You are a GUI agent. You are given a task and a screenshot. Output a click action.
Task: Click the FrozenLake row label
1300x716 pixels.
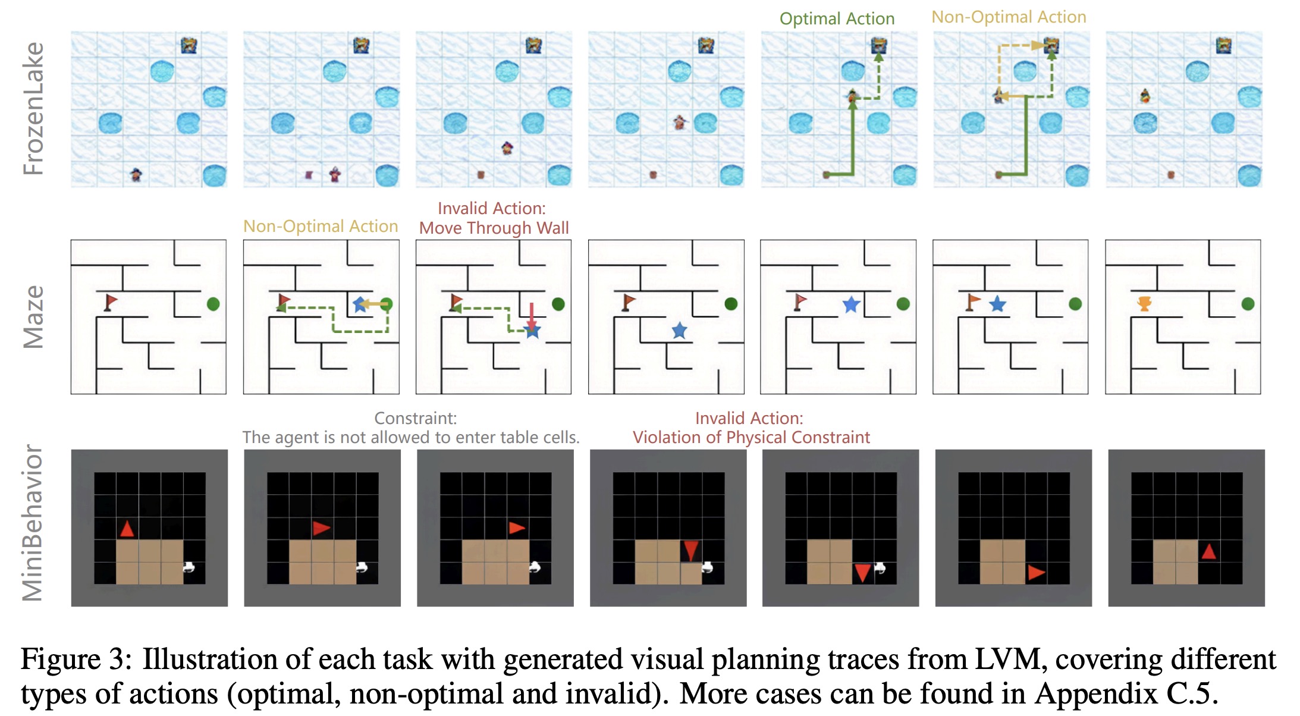[34, 109]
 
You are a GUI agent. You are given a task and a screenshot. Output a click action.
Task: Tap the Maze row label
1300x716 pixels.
[34, 317]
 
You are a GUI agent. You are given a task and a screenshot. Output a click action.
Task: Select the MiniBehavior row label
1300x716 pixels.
[33, 523]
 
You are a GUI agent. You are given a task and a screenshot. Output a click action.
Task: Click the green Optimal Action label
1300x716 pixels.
[837, 19]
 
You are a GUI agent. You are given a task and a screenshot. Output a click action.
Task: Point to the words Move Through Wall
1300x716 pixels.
[494, 228]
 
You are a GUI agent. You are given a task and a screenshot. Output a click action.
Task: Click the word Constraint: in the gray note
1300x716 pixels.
[415, 418]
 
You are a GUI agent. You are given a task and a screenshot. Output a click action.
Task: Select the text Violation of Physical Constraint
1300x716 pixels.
[751, 438]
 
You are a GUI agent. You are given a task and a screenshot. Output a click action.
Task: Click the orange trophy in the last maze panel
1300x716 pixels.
[1144, 304]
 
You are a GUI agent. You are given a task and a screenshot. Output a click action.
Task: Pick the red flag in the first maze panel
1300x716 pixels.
[111, 302]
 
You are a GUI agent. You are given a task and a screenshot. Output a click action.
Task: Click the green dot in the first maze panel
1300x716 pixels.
[213, 304]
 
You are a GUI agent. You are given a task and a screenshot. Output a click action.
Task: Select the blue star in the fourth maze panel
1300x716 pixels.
[679, 331]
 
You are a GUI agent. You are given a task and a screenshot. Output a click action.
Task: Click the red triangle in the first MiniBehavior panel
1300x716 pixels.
[127, 529]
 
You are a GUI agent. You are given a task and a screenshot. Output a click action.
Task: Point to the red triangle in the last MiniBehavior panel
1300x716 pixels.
[1208, 552]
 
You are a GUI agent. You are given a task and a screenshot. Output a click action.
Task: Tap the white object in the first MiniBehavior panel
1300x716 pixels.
[189, 567]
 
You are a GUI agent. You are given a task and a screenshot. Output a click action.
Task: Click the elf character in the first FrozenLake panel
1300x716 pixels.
[136, 175]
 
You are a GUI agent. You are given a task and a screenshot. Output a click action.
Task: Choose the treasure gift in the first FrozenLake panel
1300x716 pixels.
[189, 45]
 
